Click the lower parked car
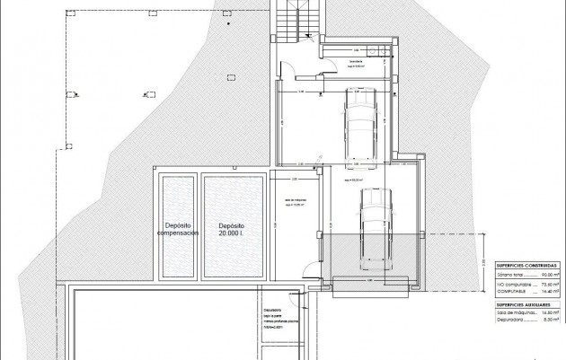tap(372, 230)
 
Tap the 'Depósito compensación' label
tap(176, 230)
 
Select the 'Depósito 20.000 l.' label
tap(231, 230)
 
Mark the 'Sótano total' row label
tap(509, 276)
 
